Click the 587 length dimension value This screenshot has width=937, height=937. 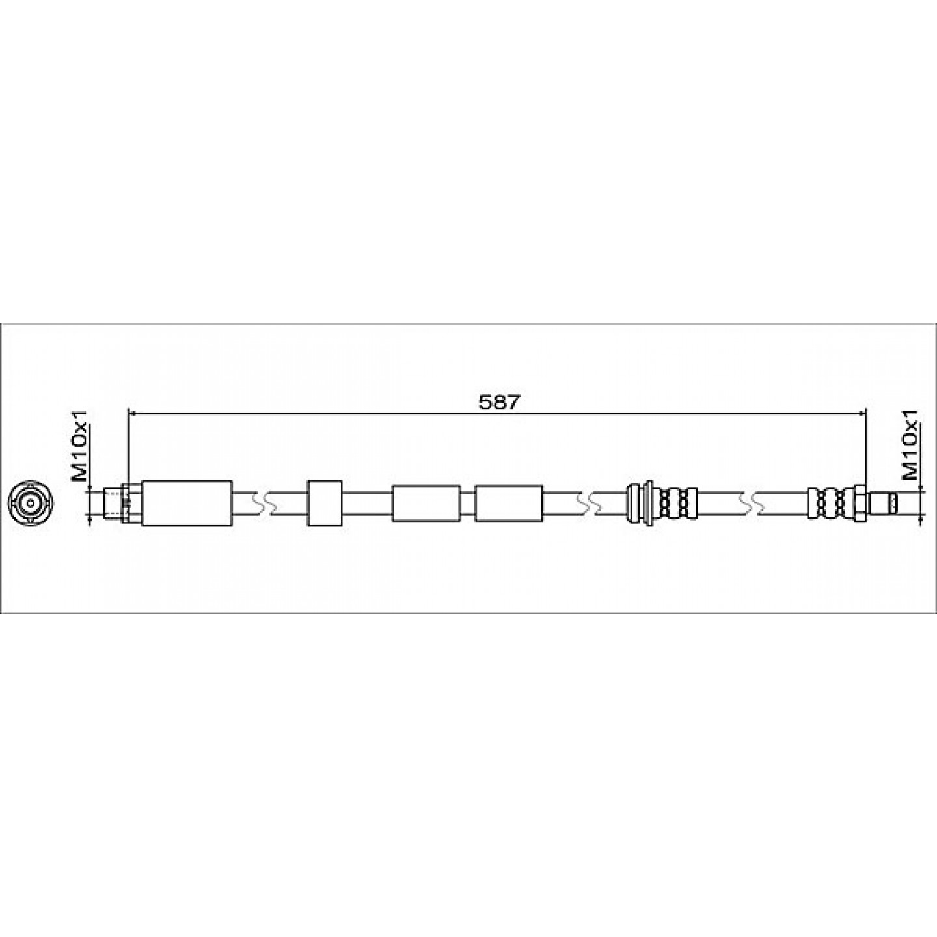point(499,402)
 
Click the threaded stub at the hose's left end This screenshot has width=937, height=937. point(114,503)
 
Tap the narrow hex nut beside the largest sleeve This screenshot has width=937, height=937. point(132,503)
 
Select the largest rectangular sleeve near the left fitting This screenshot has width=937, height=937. point(187,503)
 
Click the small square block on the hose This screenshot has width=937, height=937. point(324,503)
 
